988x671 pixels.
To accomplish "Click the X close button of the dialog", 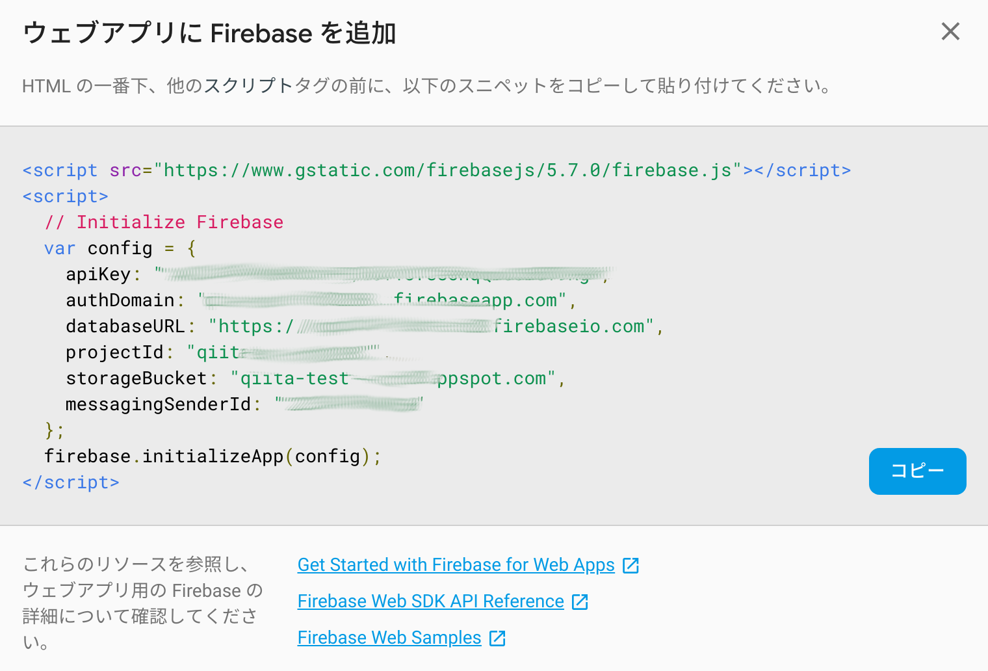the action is (950, 31).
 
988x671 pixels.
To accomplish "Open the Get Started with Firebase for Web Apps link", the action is (456, 565).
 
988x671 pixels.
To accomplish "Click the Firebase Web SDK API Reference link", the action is (430, 601).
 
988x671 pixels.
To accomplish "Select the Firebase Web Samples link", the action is (389, 638).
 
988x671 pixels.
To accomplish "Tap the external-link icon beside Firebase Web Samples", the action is (497, 638).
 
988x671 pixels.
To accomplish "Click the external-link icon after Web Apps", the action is (630, 566).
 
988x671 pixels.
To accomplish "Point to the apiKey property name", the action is (98, 274).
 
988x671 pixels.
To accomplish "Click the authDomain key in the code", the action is (120, 300).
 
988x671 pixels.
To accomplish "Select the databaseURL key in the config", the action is (125, 326).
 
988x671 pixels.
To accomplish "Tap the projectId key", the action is (114, 352).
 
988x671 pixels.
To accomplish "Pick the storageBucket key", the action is (136, 378).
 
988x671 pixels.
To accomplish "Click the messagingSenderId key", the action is (158, 404).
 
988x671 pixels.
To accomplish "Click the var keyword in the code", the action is (60, 248).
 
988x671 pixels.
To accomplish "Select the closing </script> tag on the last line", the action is (71, 482).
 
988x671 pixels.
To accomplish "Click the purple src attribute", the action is (125, 170).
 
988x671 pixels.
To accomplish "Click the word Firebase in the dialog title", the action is (261, 33).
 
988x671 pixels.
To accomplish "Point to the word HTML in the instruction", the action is (46, 86).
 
